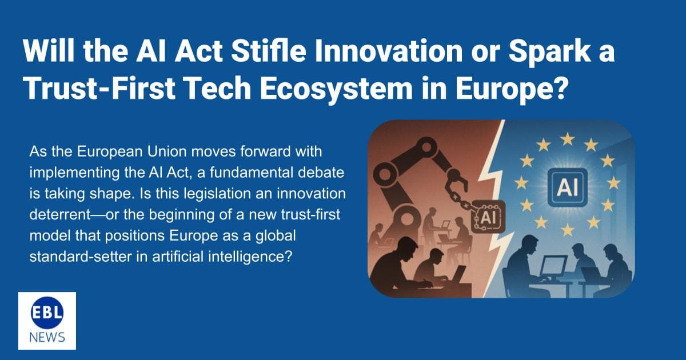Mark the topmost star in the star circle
coord(567,138)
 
